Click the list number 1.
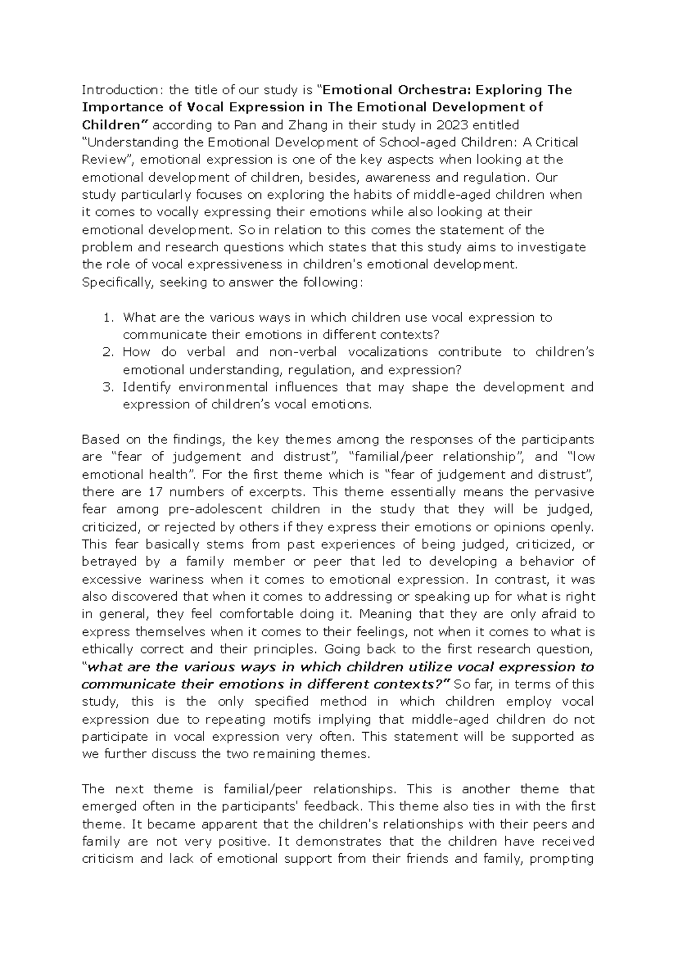pyautogui.click(x=108, y=317)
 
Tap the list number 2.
pyautogui.click(x=108, y=353)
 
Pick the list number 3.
pyautogui.click(x=108, y=388)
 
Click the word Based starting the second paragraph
pyautogui.click(x=98, y=440)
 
